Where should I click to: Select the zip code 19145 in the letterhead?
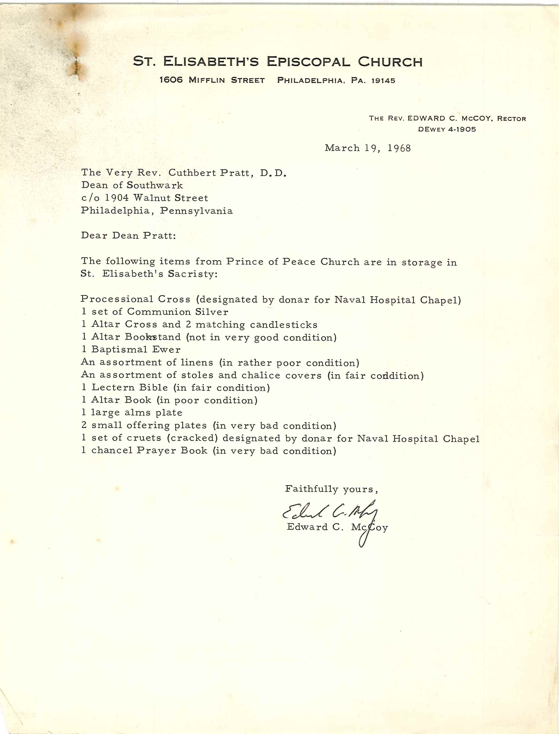coord(383,80)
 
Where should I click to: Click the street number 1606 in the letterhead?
coord(171,80)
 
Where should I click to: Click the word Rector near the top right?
coord(511,119)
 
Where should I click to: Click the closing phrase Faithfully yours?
coord(331,489)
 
